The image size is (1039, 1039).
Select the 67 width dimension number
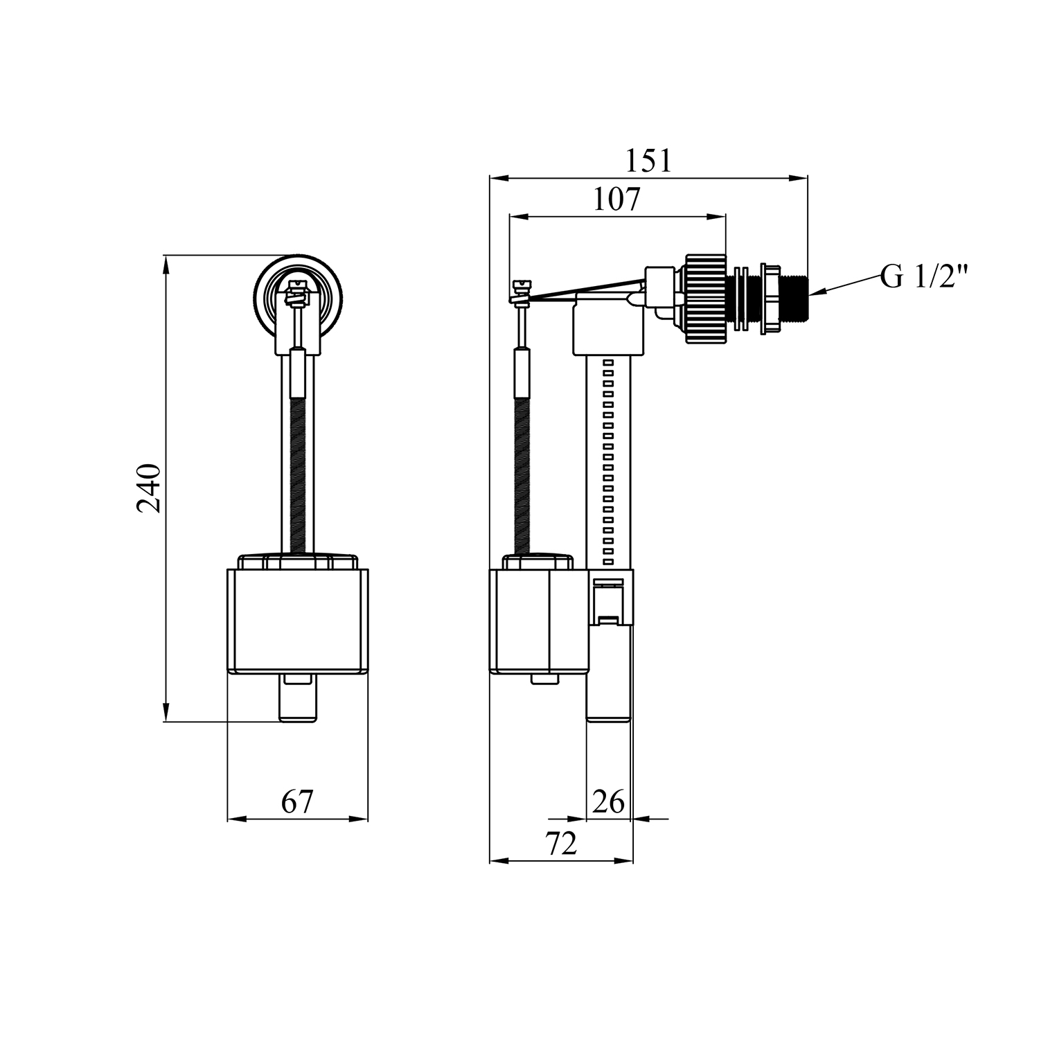click(x=298, y=801)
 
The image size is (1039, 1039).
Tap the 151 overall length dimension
click(x=648, y=161)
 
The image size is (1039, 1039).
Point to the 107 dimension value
click(x=617, y=199)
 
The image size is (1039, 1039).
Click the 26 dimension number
click(x=609, y=801)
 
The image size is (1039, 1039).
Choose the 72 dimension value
click(x=561, y=843)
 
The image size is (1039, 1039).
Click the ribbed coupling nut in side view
click(x=706, y=299)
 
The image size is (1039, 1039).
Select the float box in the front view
click(x=298, y=620)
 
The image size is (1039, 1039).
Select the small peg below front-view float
click(x=299, y=698)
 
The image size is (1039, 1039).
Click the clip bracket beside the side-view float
click(x=610, y=598)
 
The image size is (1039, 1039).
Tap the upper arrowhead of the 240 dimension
click(x=166, y=264)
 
